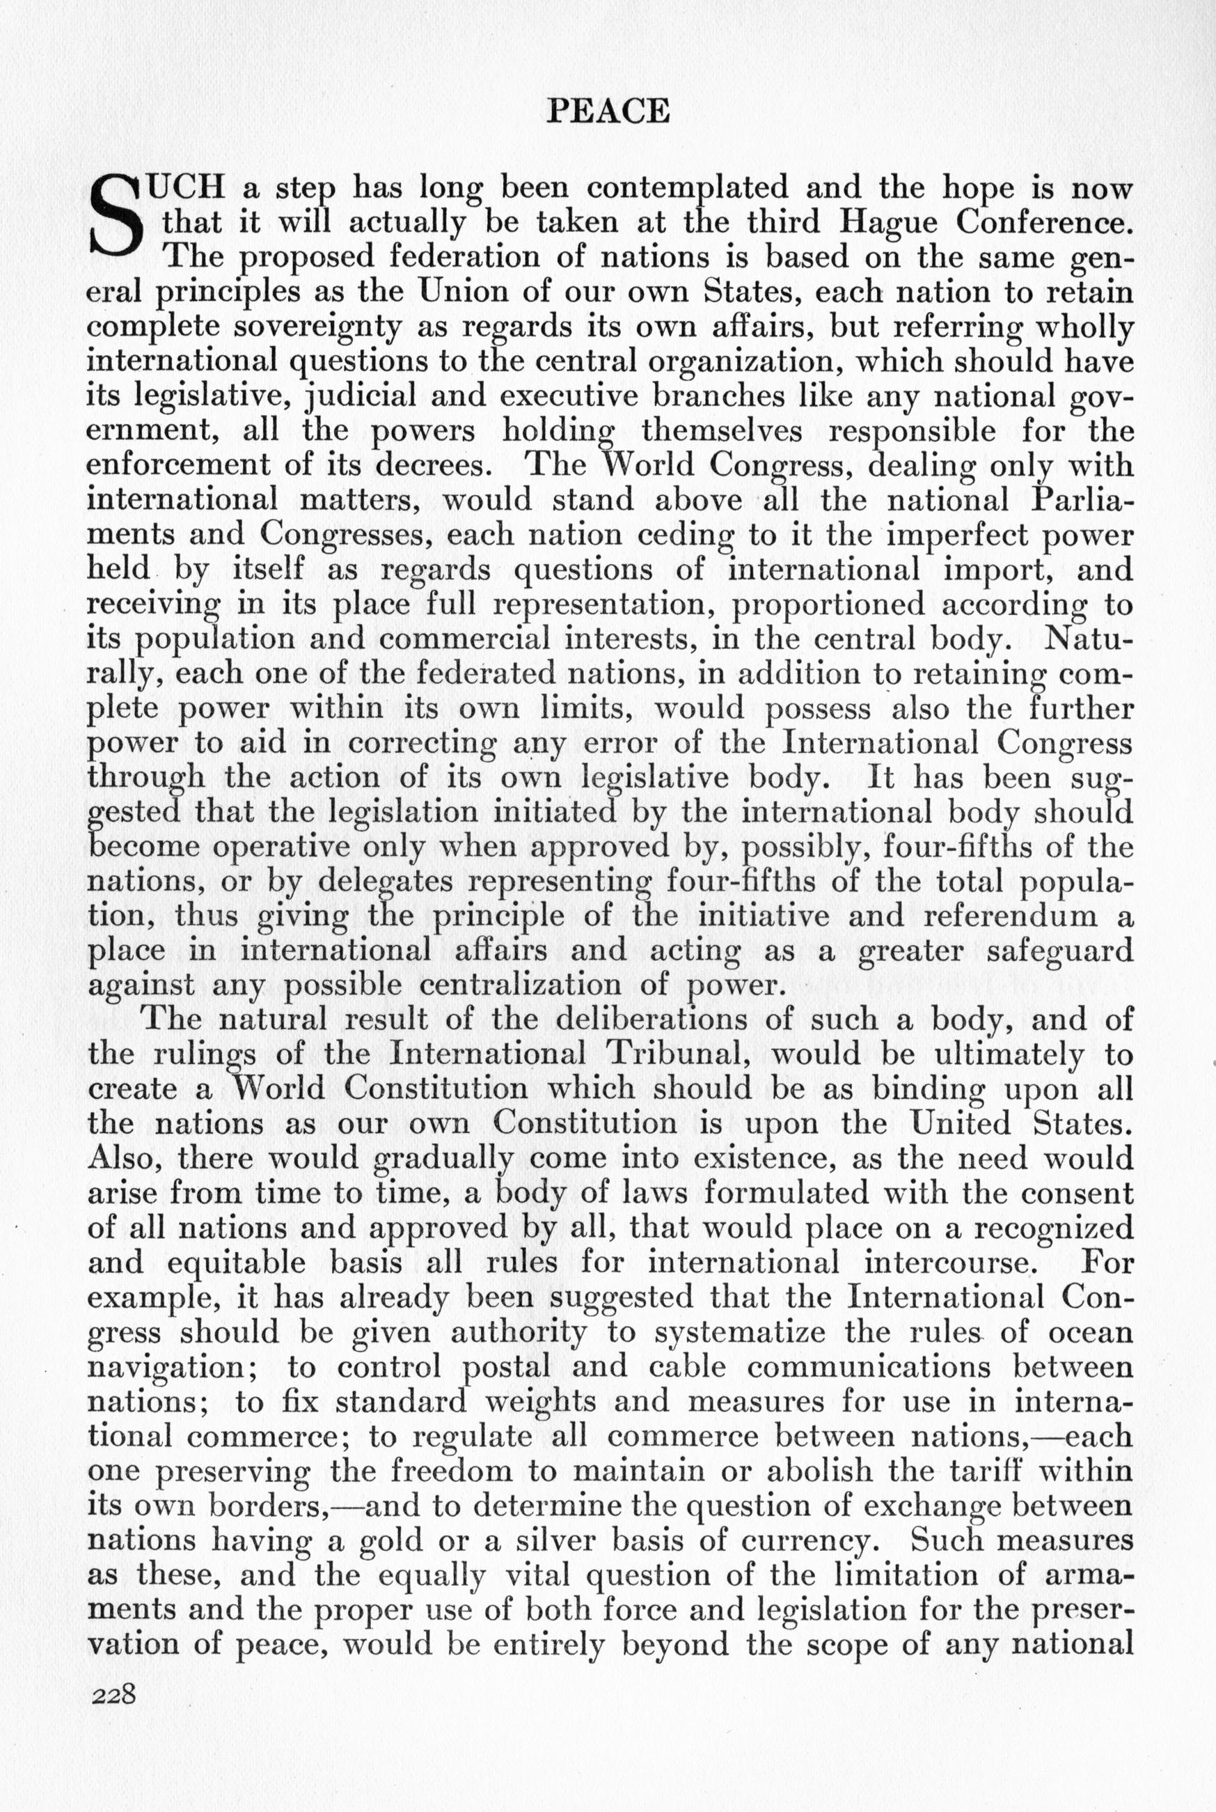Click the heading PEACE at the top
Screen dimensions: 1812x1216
608,111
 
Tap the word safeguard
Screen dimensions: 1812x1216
1060,951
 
